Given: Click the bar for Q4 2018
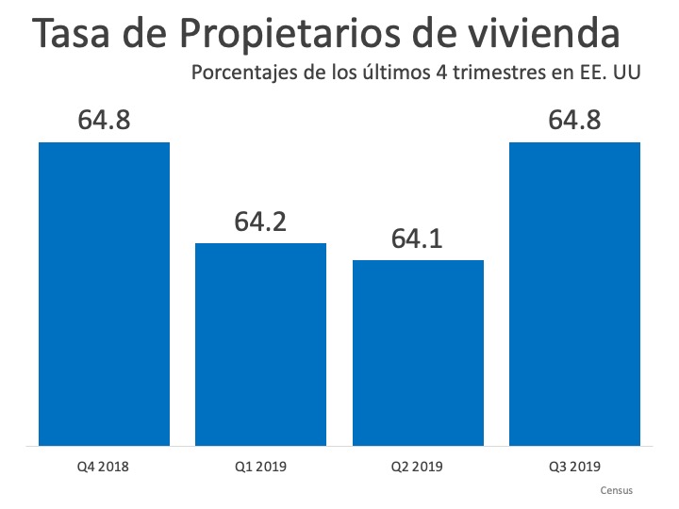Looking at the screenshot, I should click(104, 293).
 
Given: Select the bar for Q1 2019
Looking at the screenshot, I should click(260, 344).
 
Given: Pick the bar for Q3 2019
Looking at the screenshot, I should click(574, 293).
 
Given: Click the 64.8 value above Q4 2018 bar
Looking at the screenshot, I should click(104, 123).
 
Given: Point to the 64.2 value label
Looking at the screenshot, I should click(260, 222).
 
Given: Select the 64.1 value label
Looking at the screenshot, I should click(418, 239).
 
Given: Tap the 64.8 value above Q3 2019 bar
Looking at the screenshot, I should click(574, 123).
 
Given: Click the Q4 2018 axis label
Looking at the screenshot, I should click(104, 467).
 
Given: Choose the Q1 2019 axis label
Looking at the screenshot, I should click(260, 467).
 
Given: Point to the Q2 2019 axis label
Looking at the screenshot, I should click(418, 467).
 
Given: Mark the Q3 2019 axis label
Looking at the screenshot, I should click(574, 467).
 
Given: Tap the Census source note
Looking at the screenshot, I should click(616, 490).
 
